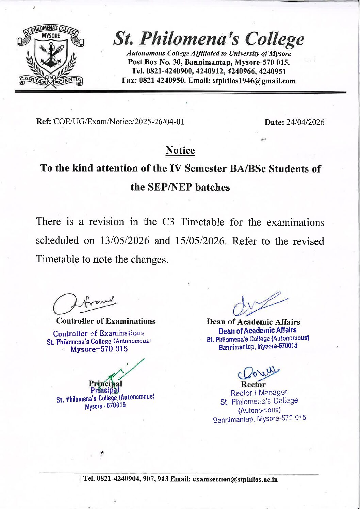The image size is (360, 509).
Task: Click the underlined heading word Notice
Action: point(180,150)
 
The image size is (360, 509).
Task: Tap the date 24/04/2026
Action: point(305,122)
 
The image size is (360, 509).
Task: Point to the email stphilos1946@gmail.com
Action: point(254,81)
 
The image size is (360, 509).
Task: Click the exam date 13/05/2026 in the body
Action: point(125,241)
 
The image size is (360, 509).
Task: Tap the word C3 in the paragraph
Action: point(168,222)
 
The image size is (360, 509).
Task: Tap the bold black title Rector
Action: point(253,384)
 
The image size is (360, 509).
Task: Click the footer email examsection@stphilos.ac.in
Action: point(235,479)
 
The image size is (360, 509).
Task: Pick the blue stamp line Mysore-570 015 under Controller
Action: point(99,349)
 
